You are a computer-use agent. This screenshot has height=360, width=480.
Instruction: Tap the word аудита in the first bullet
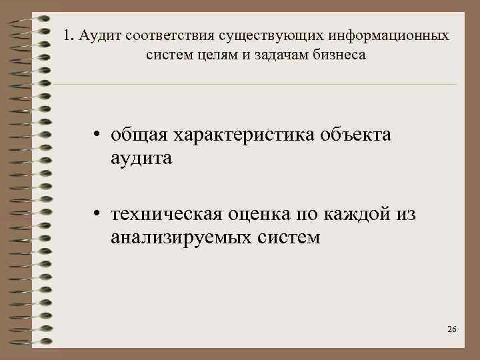(x=141, y=159)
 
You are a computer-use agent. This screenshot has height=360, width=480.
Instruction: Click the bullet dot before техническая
(x=97, y=215)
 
